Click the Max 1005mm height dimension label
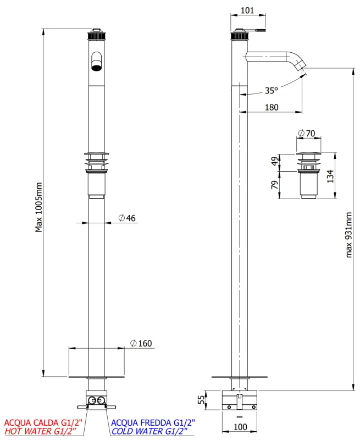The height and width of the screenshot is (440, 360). [39, 207]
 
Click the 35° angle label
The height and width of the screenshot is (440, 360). [272, 90]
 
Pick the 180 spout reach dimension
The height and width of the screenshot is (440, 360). [272, 108]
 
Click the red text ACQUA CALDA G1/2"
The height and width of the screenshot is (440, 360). [43, 422]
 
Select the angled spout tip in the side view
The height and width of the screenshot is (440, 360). [300, 66]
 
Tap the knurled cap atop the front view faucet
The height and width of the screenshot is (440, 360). [96, 35]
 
